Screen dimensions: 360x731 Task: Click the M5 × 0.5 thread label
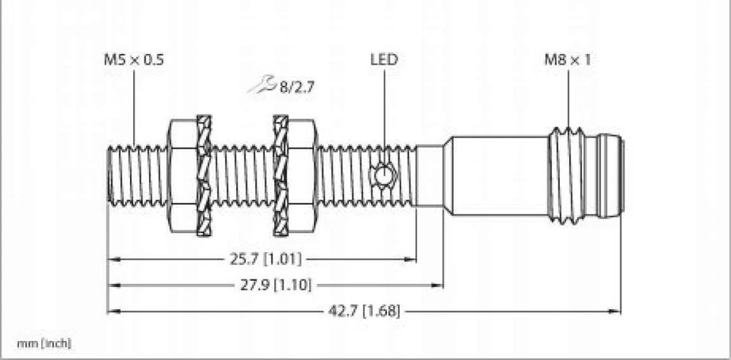(x=132, y=60)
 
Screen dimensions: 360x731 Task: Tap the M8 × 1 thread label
(x=567, y=60)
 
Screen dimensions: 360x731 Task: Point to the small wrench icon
(x=261, y=88)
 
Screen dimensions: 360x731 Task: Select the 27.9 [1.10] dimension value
(x=275, y=285)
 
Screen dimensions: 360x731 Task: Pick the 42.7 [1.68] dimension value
(x=364, y=311)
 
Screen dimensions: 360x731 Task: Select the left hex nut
(x=181, y=176)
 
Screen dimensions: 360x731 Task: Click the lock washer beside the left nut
(x=204, y=176)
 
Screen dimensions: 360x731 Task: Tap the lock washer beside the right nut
(x=281, y=176)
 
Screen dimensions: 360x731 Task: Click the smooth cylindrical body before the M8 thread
(x=495, y=176)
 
